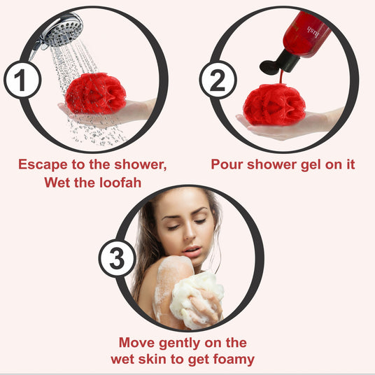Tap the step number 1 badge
(22, 80)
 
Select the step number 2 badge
(218, 80)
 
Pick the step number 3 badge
(118, 259)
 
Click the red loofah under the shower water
(95, 93)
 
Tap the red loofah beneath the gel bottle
(274, 104)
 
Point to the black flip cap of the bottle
(278, 63)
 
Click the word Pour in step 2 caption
(227, 164)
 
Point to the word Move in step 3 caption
(136, 343)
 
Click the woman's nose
(190, 233)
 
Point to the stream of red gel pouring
(281, 77)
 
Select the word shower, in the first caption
(141, 164)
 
